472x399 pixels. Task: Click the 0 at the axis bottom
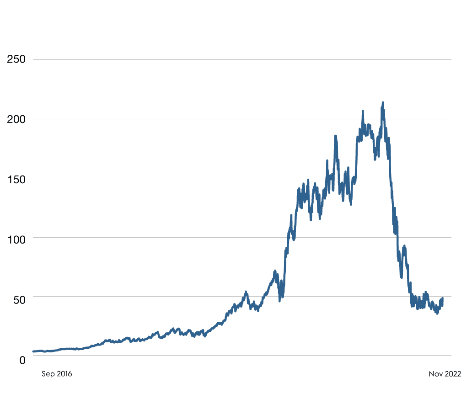click(22, 360)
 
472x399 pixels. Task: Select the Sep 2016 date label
click(57, 374)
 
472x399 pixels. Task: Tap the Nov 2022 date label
click(445, 374)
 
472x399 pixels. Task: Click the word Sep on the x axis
click(48, 374)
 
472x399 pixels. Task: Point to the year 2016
click(64, 374)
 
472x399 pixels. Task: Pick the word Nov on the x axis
click(436, 374)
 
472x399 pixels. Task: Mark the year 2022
click(453, 374)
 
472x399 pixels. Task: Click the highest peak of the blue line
click(383, 103)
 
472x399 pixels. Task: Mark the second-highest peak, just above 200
click(363, 111)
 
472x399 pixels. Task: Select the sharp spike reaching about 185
click(335, 136)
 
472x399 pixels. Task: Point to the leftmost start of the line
click(33, 351)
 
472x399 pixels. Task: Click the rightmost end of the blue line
click(443, 298)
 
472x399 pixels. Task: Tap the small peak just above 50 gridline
click(246, 292)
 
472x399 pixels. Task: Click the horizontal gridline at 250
click(242, 59)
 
